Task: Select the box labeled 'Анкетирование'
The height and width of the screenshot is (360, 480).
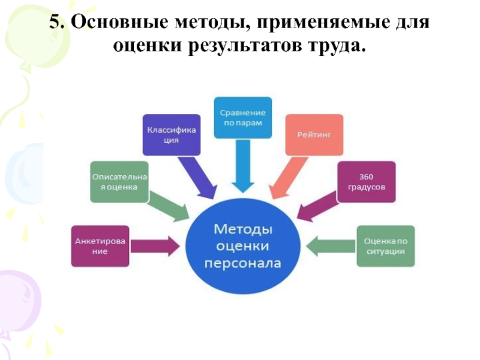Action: pos(100,245)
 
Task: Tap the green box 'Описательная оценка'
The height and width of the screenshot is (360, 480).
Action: pos(119,181)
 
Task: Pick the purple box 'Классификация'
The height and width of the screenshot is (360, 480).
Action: pos(171,135)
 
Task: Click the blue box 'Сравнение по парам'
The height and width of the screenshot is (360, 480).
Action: pos(243,118)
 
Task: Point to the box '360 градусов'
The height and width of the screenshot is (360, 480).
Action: pos(366,181)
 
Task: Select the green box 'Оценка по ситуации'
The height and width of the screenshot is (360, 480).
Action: pos(385,245)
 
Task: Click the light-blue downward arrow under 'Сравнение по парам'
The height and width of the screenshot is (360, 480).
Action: pos(243,165)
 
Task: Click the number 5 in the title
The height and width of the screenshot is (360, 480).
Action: pos(55,23)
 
